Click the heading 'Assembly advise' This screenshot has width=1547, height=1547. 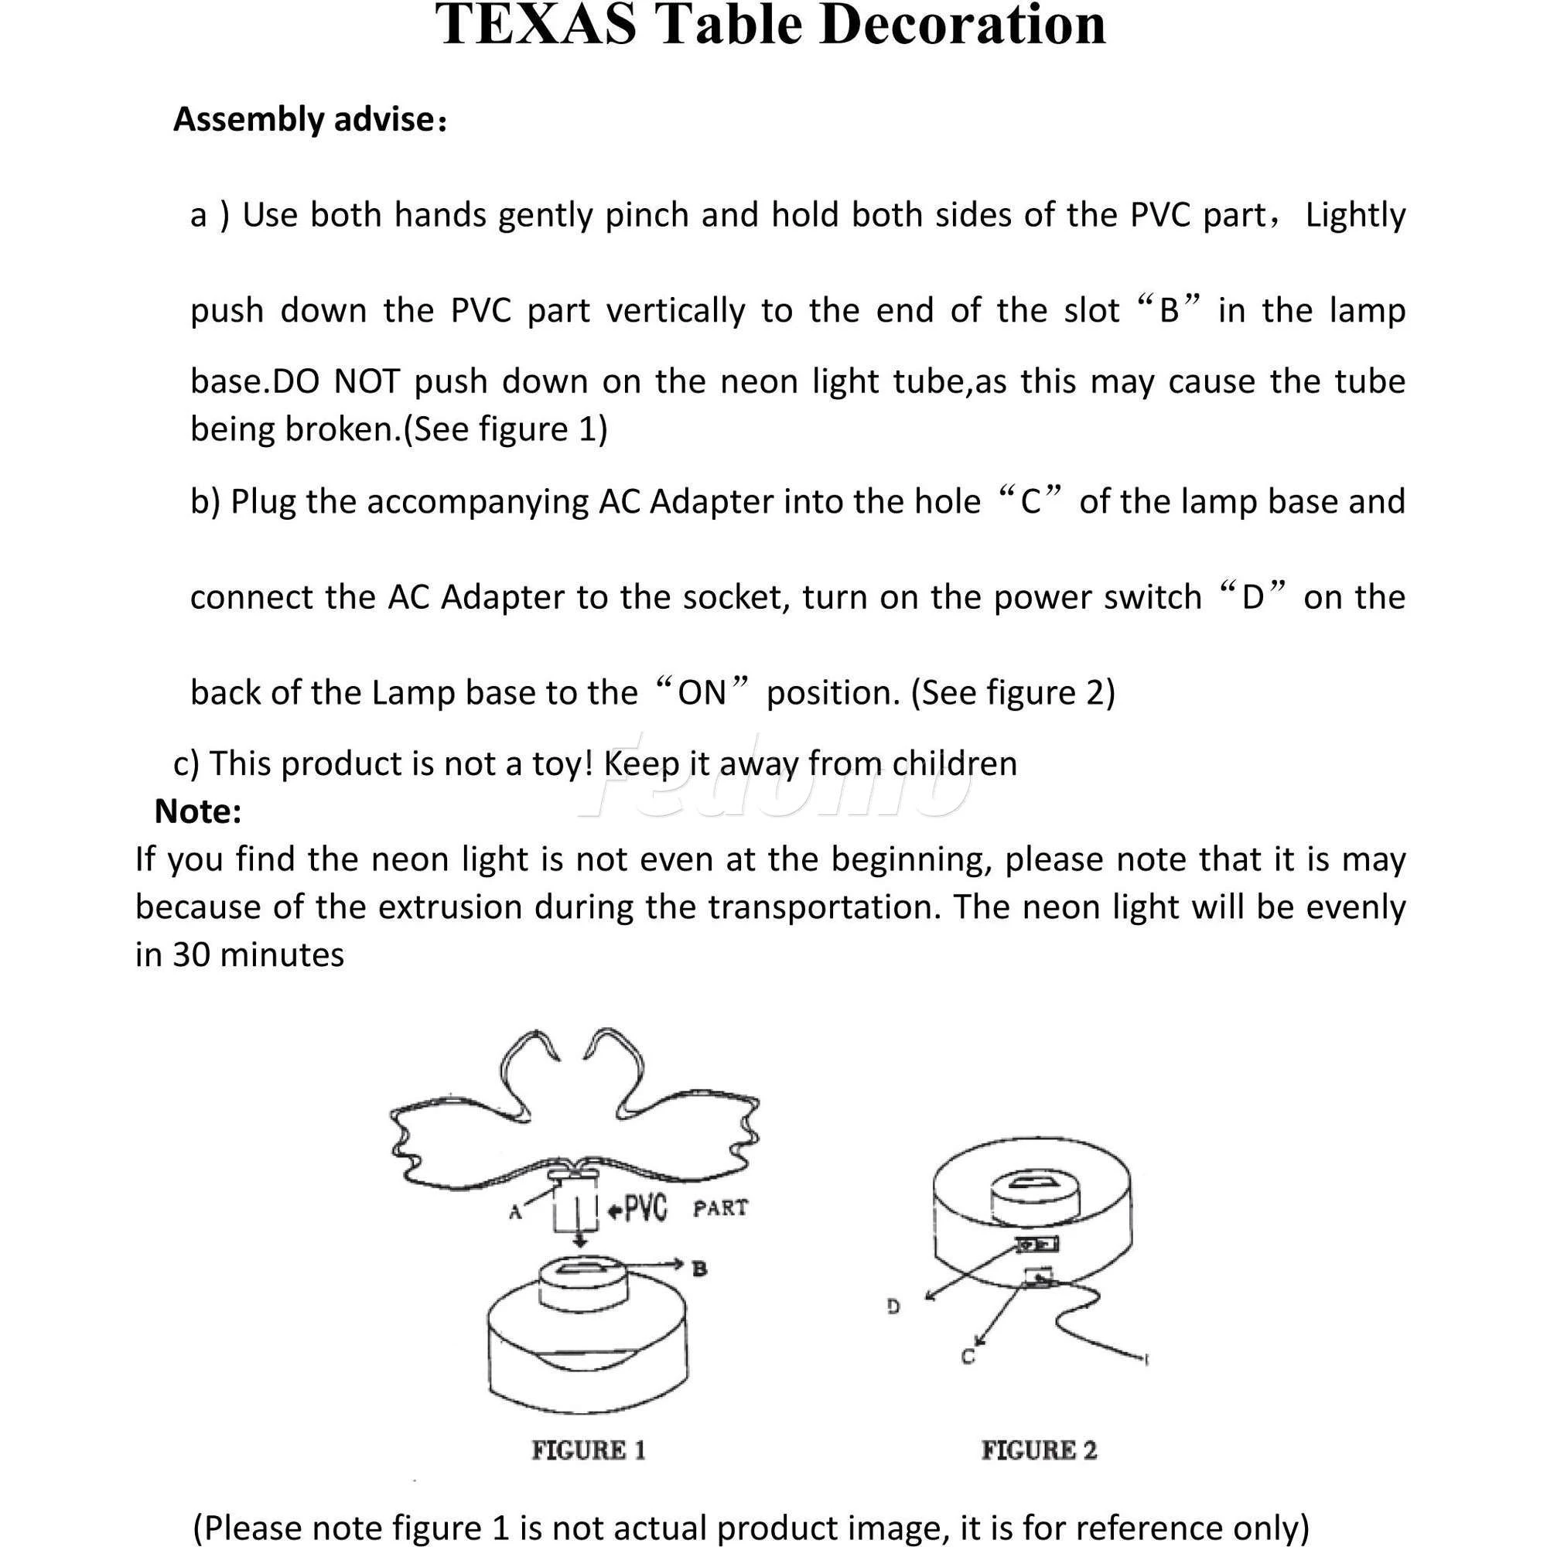[304, 120]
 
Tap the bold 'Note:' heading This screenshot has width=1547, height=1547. [198, 811]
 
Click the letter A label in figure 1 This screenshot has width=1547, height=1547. [516, 1212]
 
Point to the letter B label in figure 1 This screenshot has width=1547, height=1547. [699, 1269]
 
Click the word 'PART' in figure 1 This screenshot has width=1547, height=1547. [720, 1208]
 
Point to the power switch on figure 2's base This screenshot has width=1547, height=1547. [1038, 1245]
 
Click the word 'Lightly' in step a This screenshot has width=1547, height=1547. [1355, 215]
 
